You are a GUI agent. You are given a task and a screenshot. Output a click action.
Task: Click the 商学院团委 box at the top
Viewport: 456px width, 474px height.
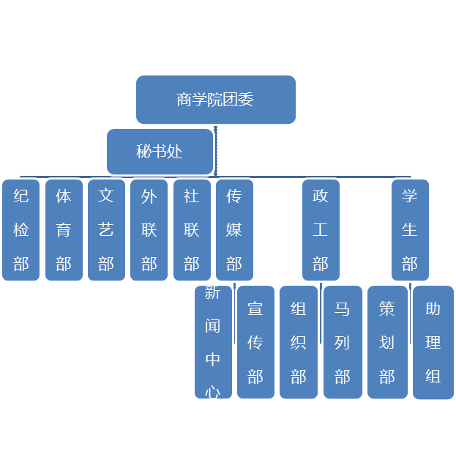tap(216, 100)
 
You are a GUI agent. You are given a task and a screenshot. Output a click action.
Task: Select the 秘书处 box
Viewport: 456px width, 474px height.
tap(160, 152)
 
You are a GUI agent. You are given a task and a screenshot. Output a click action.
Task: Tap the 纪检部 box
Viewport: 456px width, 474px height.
tap(21, 230)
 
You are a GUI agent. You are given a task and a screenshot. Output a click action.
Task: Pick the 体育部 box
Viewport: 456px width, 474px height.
tap(64, 230)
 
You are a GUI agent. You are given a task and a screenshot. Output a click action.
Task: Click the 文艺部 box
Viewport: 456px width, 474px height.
tap(106, 230)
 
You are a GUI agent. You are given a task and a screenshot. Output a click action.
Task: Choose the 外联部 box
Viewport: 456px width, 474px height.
tap(149, 230)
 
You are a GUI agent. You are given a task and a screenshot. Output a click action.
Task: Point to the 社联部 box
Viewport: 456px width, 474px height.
tap(191, 230)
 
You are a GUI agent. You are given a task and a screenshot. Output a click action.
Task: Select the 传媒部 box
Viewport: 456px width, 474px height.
tap(234, 230)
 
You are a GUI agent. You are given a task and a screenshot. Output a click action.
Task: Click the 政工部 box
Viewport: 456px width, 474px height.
tap(321, 230)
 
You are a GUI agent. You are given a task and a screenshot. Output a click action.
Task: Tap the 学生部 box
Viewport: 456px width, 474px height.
tap(409, 230)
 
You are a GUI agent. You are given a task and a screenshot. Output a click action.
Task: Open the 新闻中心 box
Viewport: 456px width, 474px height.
tap(213, 342)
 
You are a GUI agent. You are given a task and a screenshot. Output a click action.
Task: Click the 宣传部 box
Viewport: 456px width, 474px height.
tap(255, 342)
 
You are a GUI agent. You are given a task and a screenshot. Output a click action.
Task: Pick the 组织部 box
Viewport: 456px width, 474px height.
tap(298, 342)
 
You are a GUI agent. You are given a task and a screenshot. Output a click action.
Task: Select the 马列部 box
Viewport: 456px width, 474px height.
tap(342, 342)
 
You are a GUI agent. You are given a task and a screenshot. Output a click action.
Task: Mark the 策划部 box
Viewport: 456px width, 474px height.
tap(387, 342)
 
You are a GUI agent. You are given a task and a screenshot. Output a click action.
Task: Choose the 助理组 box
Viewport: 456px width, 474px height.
tap(433, 342)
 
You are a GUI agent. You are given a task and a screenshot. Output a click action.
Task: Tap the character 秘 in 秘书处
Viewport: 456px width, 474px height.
tap(143, 152)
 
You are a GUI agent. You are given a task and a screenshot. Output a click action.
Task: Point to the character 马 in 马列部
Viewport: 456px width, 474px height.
tap(342, 308)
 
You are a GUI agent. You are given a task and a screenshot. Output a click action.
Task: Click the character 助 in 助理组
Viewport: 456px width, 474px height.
tap(433, 308)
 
